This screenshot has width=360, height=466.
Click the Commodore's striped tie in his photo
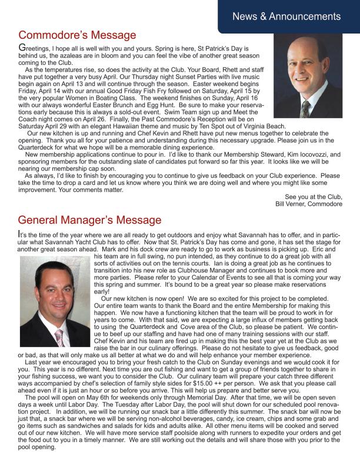305,108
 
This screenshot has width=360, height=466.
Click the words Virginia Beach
264,126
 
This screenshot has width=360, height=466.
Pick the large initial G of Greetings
22,47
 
